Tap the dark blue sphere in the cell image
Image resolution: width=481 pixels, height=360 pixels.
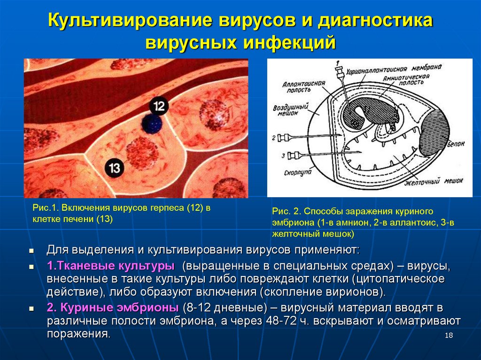[x=152, y=124]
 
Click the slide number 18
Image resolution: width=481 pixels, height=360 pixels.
[x=448, y=335]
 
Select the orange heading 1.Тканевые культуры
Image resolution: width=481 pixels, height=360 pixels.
[x=111, y=266]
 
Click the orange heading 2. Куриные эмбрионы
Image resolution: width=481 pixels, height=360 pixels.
[x=112, y=308]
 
